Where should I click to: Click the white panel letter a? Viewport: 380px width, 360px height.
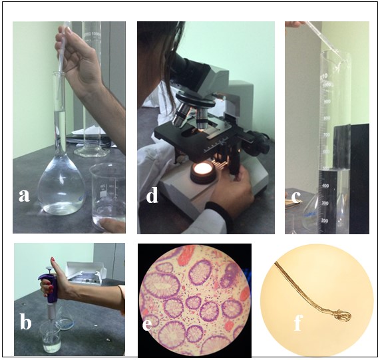[x=24, y=196]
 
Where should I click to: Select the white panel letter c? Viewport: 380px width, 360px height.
[x=296, y=198]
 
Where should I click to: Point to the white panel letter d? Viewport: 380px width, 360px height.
[x=152, y=194]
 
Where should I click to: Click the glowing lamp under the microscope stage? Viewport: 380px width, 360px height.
[x=204, y=170]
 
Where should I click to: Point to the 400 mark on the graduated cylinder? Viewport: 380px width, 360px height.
[x=325, y=186]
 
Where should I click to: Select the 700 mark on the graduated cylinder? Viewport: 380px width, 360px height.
[x=327, y=134]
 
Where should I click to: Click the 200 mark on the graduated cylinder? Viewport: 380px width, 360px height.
[x=325, y=221]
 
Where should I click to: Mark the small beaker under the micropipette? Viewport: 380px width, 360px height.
[x=51, y=337]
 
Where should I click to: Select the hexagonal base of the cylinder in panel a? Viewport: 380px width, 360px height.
[x=92, y=152]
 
